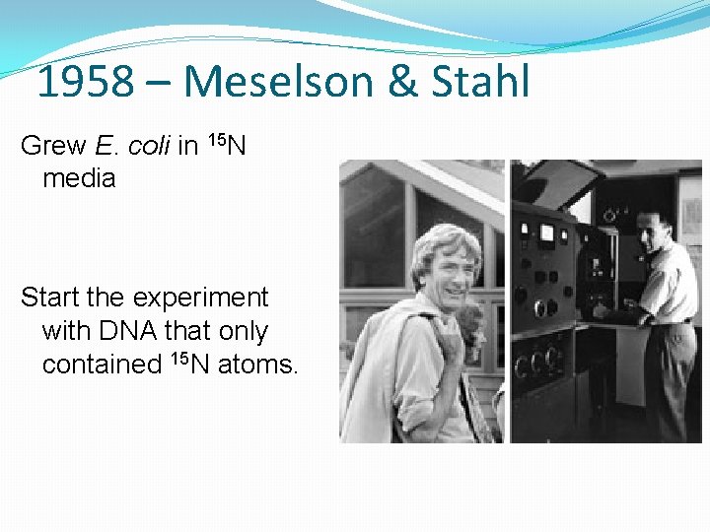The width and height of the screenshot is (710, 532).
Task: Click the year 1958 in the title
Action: pos(85,82)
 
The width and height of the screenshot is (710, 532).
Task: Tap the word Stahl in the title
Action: pos(480,82)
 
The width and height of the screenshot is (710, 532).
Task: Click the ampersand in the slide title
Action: pos(402,82)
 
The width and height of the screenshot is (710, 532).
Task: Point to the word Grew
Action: pos(53,146)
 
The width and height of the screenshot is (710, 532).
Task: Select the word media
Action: pos(79,178)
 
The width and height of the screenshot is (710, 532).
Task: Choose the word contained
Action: pos(101,364)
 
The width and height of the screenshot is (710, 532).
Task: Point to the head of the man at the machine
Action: pos(652,230)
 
